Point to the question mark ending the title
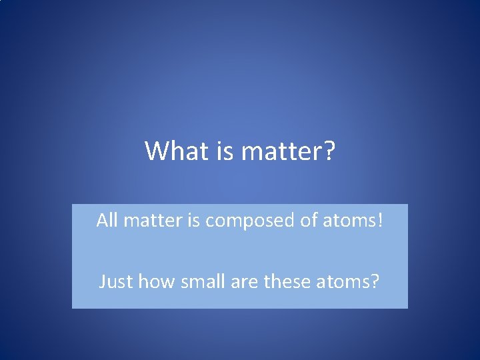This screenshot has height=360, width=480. (328, 151)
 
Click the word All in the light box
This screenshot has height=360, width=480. (106, 220)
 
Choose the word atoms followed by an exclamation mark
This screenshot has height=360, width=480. (350, 221)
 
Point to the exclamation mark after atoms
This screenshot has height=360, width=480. (381, 220)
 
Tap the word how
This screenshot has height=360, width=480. (151, 282)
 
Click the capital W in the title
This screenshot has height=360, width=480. (156, 151)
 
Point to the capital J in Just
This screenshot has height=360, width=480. (102, 282)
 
